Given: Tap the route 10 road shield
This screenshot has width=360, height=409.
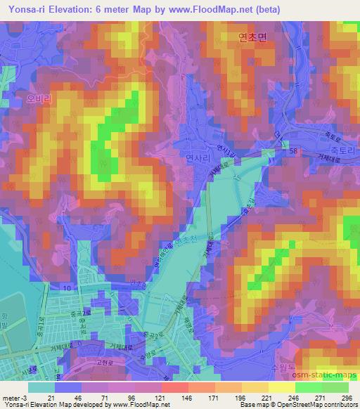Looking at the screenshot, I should (x=66, y=288).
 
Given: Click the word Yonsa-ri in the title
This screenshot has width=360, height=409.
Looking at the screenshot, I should (x=24, y=10).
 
